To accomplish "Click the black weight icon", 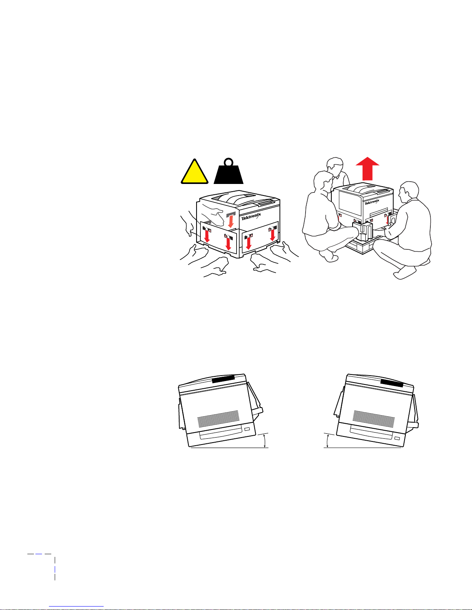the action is (x=228, y=171).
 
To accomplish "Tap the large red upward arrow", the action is (x=368, y=169).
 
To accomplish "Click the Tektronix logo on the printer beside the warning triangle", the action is (x=251, y=216).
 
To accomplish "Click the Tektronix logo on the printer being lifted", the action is (x=372, y=202).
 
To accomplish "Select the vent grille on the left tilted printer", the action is (x=218, y=419).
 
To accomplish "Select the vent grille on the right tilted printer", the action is (x=374, y=419).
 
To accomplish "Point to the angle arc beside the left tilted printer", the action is (x=265, y=440).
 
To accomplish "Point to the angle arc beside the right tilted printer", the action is (x=327, y=440).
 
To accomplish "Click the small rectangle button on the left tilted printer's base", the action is (x=247, y=429).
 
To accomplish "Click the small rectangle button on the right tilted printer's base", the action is (x=397, y=438).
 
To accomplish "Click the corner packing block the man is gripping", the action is (x=363, y=232).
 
